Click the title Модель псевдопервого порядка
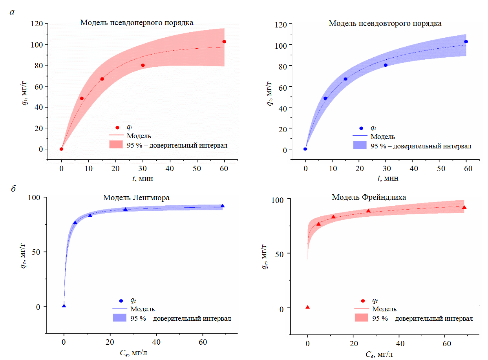click(x=137, y=22)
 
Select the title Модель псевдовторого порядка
click(x=385, y=24)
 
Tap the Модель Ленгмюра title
click(x=136, y=197)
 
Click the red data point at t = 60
click(x=224, y=42)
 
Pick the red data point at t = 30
click(x=143, y=65)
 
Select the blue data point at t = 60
click(x=466, y=42)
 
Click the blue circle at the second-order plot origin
click(x=305, y=149)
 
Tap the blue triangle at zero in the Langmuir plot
click(x=64, y=305)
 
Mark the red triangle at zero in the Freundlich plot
click(x=308, y=307)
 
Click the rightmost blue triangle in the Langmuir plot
click(x=222, y=206)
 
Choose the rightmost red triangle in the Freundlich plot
click(x=464, y=207)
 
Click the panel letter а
click(x=12, y=12)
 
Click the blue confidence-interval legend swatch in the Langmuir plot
click(x=119, y=318)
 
